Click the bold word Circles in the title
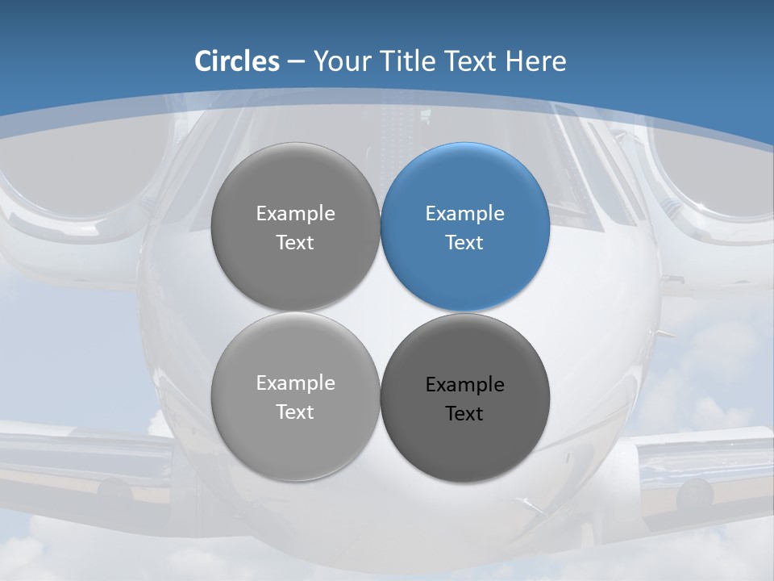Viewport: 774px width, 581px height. (237, 61)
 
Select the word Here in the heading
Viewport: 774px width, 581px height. (535, 61)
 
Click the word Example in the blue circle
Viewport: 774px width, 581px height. (464, 214)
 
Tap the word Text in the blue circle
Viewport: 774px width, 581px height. (464, 243)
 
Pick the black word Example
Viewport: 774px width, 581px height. (464, 385)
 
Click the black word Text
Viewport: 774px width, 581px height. (464, 414)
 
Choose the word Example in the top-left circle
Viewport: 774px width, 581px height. (295, 214)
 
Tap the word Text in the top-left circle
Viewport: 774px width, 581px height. (295, 243)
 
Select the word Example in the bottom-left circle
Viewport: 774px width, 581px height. (295, 383)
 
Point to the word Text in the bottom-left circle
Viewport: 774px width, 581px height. (295, 412)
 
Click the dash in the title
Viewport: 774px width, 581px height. (295, 62)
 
